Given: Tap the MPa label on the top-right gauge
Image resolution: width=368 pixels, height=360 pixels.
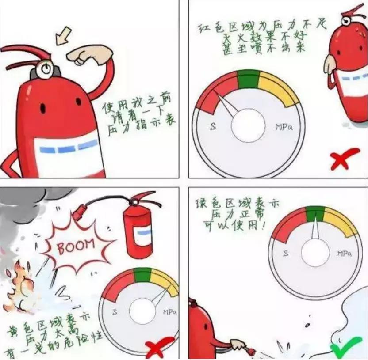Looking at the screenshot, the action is click(x=284, y=127).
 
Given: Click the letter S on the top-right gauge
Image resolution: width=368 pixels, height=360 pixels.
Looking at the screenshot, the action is click(x=213, y=127).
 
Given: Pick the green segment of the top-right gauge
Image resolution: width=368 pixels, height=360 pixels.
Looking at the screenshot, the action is click(x=248, y=79).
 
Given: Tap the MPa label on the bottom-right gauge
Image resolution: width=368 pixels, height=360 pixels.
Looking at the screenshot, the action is click(x=345, y=254).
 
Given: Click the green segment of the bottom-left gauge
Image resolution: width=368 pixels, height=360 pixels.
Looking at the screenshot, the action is click(x=143, y=275).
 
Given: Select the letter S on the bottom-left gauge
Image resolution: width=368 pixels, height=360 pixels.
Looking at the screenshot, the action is click(x=115, y=312).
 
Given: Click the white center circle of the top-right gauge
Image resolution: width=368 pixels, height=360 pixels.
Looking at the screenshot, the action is click(x=248, y=125).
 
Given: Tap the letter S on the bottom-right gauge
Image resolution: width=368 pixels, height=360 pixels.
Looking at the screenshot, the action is click(x=286, y=254).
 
